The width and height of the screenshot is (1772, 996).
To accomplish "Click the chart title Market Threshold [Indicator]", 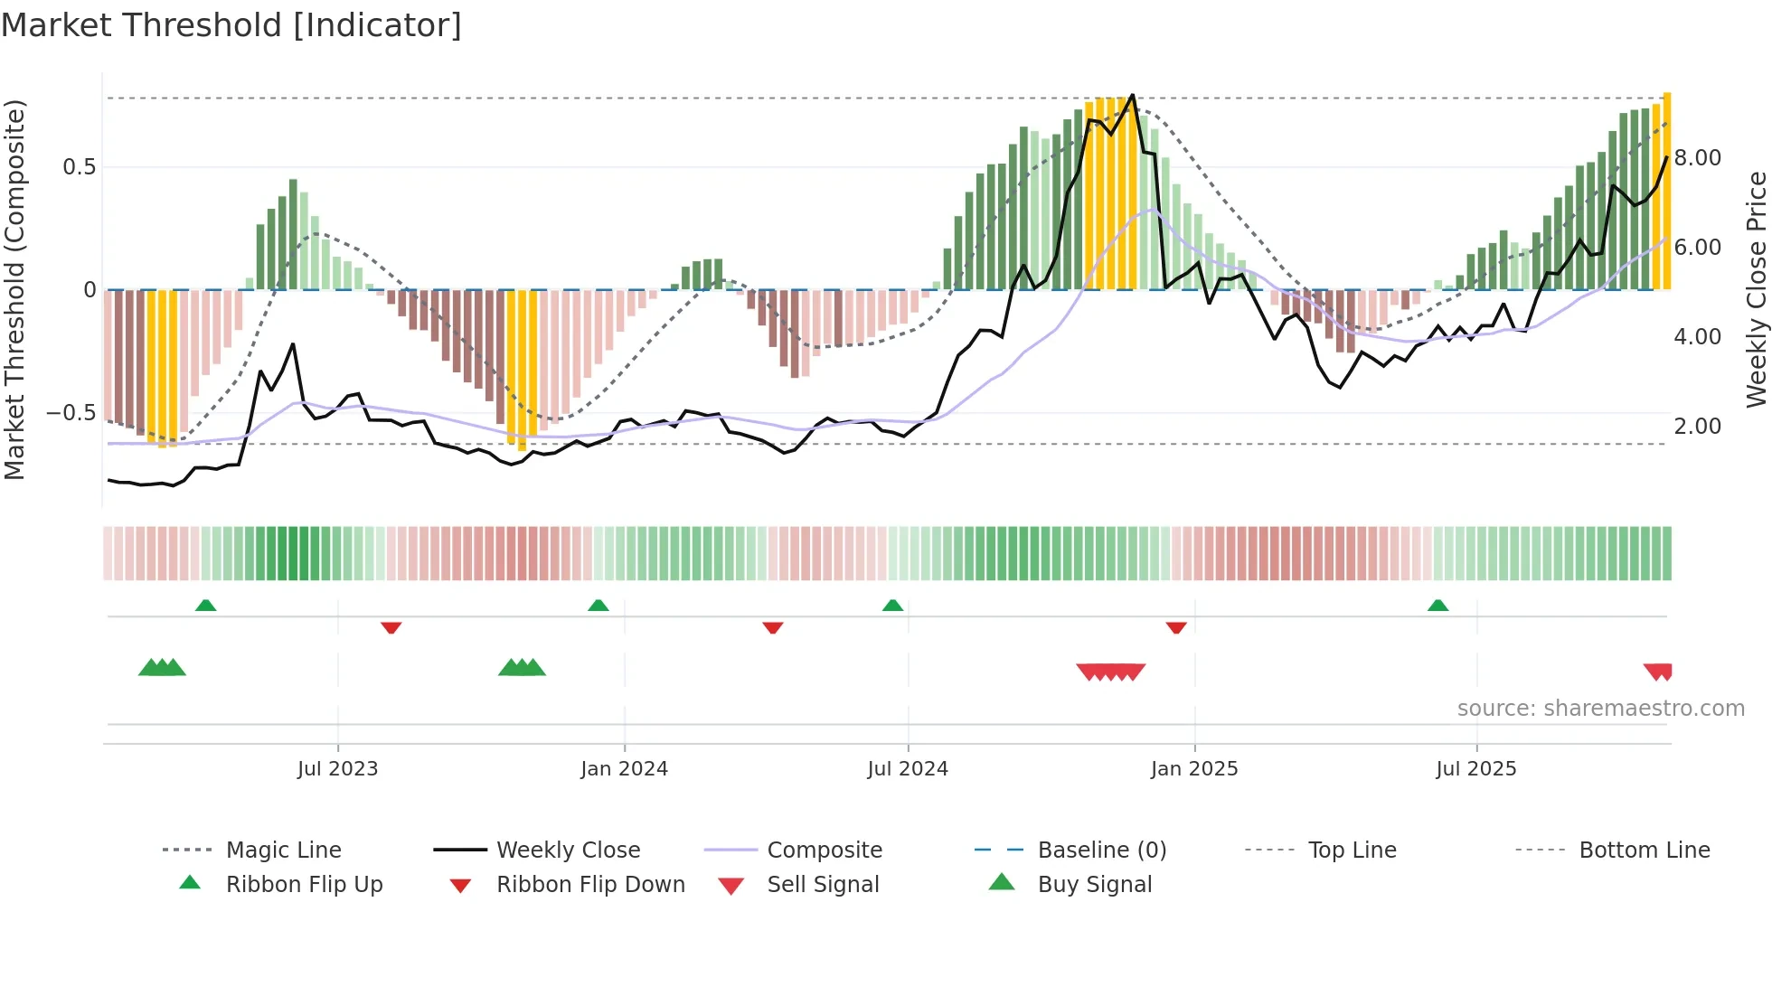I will (x=231, y=25).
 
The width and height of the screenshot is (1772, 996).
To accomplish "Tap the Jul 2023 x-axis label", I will (x=337, y=769).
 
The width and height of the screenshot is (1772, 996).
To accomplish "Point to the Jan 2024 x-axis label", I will (x=624, y=769).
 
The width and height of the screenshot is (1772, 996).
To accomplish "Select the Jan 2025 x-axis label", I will (x=1194, y=769).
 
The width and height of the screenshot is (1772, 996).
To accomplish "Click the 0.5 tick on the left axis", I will (x=79, y=167).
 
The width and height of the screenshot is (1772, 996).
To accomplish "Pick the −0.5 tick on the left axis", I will (x=71, y=413).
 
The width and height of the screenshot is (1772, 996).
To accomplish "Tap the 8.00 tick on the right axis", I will (x=1697, y=158).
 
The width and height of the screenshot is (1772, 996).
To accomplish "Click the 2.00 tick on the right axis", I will (x=1697, y=427).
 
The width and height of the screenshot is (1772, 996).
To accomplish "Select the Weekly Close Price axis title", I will (x=1756, y=289).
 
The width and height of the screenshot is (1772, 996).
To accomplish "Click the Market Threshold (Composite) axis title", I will (x=14, y=289).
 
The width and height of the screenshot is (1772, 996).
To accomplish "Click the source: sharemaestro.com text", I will (x=1600, y=709).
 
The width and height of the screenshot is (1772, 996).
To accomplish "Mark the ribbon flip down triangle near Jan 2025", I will (x=1176, y=627).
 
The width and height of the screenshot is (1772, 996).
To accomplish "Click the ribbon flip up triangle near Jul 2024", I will (x=893, y=606).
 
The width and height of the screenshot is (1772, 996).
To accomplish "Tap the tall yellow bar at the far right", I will (x=1667, y=190).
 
